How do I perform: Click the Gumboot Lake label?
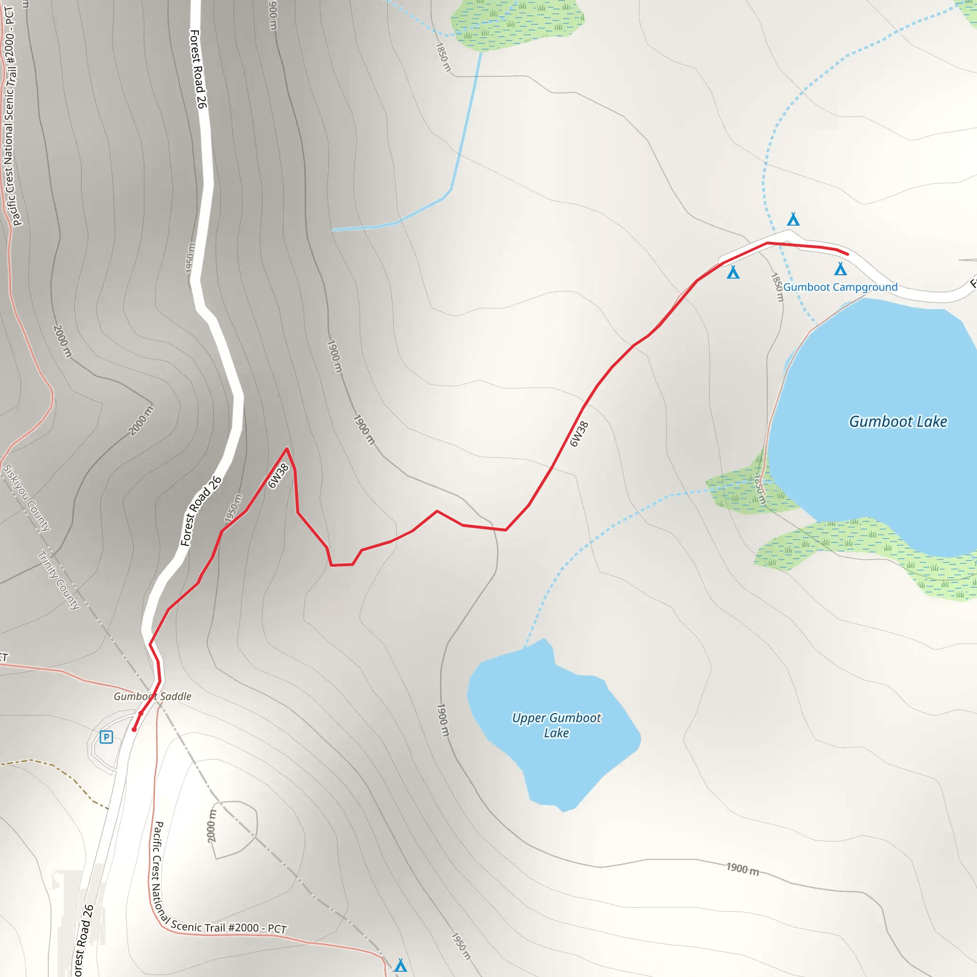(x=898, y=422)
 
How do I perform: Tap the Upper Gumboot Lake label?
(x=556, y=725)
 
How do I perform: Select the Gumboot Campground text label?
(x=840, y=287)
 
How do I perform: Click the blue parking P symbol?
(x=106, y=737)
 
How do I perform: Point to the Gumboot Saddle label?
(x=152, y=696)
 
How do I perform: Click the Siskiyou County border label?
(x=27, y=498)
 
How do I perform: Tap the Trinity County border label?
(x=59, y=580)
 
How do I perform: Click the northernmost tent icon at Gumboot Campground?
(x=793, y=219)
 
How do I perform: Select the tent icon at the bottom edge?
(x=401, y=966)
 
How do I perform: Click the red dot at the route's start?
(x=134, y=729)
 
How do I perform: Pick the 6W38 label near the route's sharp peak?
(x=278, y=476)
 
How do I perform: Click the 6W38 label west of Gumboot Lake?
(x=579, y=434)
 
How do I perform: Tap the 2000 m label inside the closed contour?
(x=212, y=826)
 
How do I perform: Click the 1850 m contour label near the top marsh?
(x=443, y=57)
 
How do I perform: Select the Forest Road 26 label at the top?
(x=197, y=69)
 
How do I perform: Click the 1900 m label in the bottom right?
(x=742, y=869)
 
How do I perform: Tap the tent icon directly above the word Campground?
(x=841, y=269)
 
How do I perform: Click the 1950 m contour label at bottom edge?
(x=461, y=946)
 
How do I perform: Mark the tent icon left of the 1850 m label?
(x=733, y=273)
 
